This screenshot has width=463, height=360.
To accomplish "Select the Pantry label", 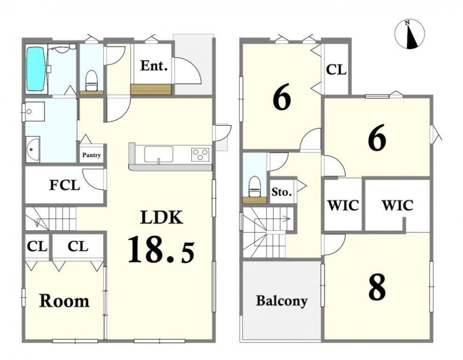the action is (x=91, y=155).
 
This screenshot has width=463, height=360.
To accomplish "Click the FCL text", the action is (x=65, y=185).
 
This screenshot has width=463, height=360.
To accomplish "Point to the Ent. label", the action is (x=154, y=65).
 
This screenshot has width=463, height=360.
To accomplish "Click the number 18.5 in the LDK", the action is (x=161, y=249).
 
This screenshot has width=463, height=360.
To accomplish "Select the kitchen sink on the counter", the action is (x=159, y=154).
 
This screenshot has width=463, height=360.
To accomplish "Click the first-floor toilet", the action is (x=91, y=80).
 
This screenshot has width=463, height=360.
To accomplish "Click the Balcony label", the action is (x=281, y=301).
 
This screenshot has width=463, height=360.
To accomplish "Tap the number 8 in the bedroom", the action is (x=377, y=287).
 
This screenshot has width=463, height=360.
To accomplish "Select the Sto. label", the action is (x=282, y=192).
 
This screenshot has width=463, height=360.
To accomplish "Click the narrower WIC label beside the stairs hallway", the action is (x=343, y=205).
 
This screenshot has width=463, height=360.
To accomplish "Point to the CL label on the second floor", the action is (x=336, y=70).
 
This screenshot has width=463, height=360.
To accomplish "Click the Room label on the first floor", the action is (x=64, y=301).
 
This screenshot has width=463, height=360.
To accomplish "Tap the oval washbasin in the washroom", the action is (x=32, y=149).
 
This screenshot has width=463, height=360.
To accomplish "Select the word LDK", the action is (x=162, y=217).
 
